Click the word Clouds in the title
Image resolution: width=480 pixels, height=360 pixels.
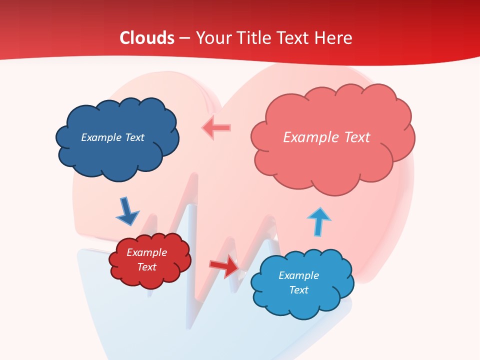click(x=147, y=38)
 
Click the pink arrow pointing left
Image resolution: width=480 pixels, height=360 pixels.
click(x=216, y=128)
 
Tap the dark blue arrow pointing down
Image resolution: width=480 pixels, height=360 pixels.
click(x=127, y=211)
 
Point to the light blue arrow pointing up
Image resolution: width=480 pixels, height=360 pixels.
click(x=318, y=221)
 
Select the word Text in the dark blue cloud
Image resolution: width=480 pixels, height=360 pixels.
click(x=134, y=137)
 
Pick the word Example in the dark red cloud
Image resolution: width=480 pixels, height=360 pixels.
click(x=146, y=252)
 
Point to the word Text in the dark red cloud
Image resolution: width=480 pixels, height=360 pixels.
click(x=146, y=267)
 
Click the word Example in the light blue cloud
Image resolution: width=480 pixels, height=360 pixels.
click(x=298, y=275)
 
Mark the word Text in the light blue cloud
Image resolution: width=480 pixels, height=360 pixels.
click(x=298, y=290)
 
